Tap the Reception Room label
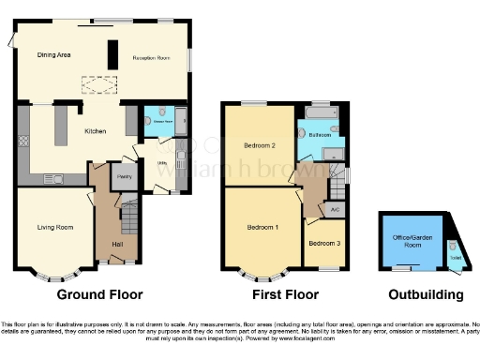(150, 58)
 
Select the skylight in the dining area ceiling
(97, 85)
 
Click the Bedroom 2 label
(259, 146)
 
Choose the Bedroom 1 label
(262, 228)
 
